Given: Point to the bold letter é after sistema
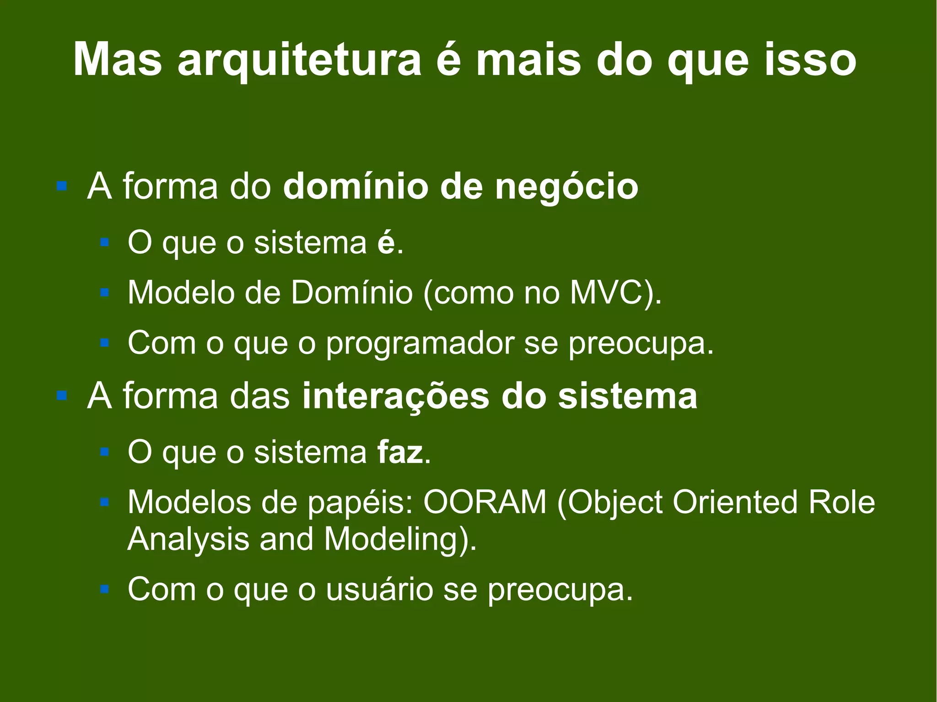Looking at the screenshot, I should point(386,243).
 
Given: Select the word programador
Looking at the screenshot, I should point(420,343).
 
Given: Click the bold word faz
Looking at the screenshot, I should point(400,452).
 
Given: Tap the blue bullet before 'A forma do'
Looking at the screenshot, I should point(62,187).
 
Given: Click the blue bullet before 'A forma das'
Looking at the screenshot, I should point(62,396).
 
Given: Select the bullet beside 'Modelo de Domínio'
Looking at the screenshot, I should point(105,292).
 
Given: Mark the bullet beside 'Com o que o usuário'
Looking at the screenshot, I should point(105,589).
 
